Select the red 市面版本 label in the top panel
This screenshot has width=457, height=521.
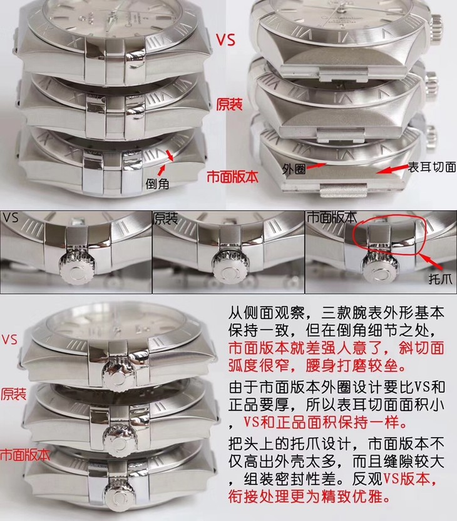(232, 177)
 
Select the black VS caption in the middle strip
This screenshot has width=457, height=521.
(11, 217)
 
